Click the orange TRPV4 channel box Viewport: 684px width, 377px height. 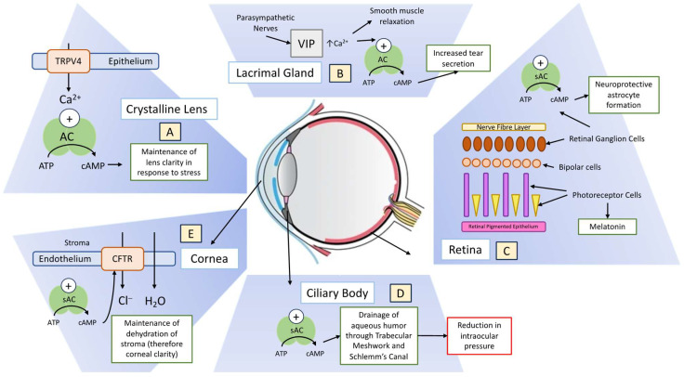pos(68,61)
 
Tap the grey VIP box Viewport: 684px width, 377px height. pos(307,44)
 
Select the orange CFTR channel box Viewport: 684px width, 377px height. pos(122,258)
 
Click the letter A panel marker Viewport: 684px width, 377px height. pos(170,132)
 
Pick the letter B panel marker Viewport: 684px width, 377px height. pos(340,73)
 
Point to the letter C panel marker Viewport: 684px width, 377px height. pos(506,251)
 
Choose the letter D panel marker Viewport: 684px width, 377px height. pos(401,293)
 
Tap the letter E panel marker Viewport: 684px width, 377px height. pos(191,233)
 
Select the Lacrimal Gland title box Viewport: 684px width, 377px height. pos(275,72)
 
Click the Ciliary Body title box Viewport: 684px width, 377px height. pos(337,292)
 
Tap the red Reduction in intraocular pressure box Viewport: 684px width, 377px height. pos(479,335)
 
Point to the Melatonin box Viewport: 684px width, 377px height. pos(607,227)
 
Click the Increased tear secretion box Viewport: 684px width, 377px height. pos(458,58)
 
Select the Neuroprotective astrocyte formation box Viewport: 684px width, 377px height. pos(624,95)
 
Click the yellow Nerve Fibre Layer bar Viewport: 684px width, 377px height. pos(504,127)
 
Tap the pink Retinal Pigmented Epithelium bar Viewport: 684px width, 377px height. pos(504,227)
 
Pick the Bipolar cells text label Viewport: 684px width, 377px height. pos(580,167)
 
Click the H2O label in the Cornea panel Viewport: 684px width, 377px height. pos(155,301)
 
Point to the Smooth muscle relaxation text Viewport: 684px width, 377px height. pos(397,16)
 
